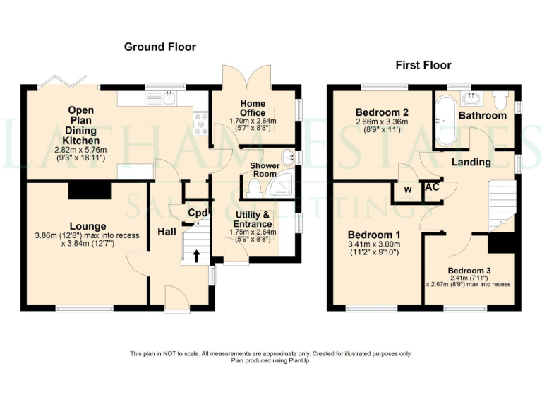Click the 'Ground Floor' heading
pos(159,47)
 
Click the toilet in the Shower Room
pos(254,188)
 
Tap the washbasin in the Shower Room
pos(288,157)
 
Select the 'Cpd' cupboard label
pos(197,213)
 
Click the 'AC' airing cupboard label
pos(430,189)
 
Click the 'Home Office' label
pos(253,107)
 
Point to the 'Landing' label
pos(471,162)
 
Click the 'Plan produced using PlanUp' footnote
pos(270,360)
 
